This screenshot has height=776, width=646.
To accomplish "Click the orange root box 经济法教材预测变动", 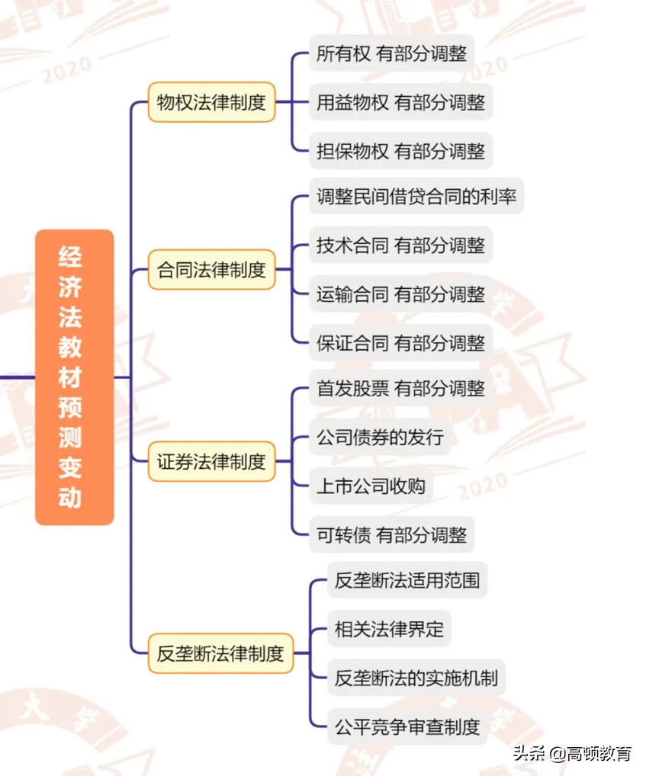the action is [74, 377].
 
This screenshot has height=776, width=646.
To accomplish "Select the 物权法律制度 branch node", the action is [211, 102].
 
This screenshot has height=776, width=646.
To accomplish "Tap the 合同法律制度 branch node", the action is [211, 269].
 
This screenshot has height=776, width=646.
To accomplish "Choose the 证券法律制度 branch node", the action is [211, 461].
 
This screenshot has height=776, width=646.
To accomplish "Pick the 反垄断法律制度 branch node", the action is [220, 653].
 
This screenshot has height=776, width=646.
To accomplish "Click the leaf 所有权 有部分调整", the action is [391, 54].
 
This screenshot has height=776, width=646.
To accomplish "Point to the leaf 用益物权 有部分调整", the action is [400, 102].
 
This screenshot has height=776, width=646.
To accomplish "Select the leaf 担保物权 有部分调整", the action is [400, 151].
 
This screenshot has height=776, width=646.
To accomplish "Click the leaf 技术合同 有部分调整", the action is [400, 245].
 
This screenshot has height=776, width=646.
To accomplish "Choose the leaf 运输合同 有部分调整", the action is [400, 294].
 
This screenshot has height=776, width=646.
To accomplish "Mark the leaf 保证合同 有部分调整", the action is [400, 343].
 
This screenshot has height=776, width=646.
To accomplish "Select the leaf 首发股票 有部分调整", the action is [400, 389].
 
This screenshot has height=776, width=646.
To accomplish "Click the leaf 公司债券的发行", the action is [380, 438].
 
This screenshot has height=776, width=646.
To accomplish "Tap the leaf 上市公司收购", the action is [371, 486].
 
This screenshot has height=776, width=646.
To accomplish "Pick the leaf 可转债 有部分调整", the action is [391, 534].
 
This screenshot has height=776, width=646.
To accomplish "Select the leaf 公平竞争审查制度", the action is [407, 726].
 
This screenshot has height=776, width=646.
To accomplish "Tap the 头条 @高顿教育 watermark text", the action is [573, 753].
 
